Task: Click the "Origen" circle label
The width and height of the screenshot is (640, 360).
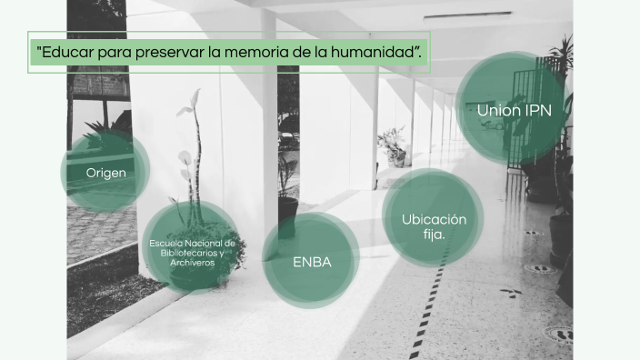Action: pyautogui.click(x=105, y=173)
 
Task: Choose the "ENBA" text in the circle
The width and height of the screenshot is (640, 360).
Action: pyautogui.click(x=311, y=263)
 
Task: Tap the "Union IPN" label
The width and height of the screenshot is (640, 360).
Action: pyautogui.click(x=513, y=111)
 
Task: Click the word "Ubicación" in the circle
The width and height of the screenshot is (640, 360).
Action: pyautogui.click(x=434, y=219)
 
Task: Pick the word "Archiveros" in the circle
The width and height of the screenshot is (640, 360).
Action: pyautogui.click(x=192, y=262)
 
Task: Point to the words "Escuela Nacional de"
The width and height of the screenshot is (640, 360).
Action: pyautogui.click(x=192, y=244)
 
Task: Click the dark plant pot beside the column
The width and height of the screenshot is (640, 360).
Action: pyautogui.click(x=287, y=215)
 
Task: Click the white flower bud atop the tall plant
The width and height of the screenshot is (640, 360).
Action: pyautogui.click(x=194, y=94)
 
